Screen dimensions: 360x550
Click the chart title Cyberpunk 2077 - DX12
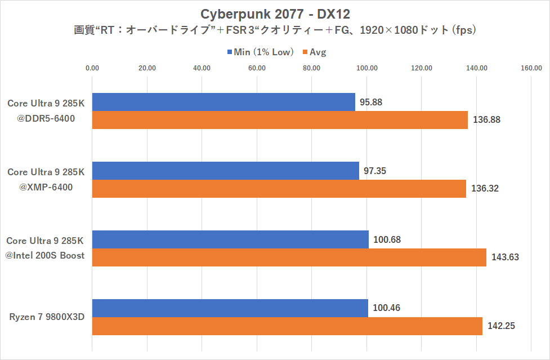[x=275, y=13]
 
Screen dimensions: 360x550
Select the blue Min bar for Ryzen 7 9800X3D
[x=230, y=308]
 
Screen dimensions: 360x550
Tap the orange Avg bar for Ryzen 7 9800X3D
[x=287, y=326]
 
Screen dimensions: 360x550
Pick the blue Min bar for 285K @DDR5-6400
[x=223, y=102]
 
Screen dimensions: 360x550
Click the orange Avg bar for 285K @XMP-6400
[x=279, y=188]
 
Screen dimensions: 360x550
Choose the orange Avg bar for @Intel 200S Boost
[x=289, y=257]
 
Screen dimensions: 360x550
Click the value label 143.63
[x=505, y=257]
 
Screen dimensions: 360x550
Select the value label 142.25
[x=501, y=326]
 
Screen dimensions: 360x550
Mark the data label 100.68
[x=387, y=239]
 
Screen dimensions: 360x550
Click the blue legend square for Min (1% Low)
[x=230, y=52]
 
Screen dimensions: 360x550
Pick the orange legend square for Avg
[x=305, y=52]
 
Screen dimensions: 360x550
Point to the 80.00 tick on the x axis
[x=311, y=68]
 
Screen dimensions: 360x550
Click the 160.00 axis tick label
[x=531, y=68]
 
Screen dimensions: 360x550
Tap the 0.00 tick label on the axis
[x=92, y=68]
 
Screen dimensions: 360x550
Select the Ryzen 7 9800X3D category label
[x=47, y=317]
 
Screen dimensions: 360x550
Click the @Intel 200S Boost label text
[x=45, y=255]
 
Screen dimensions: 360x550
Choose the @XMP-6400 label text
[x=46, y=187]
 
